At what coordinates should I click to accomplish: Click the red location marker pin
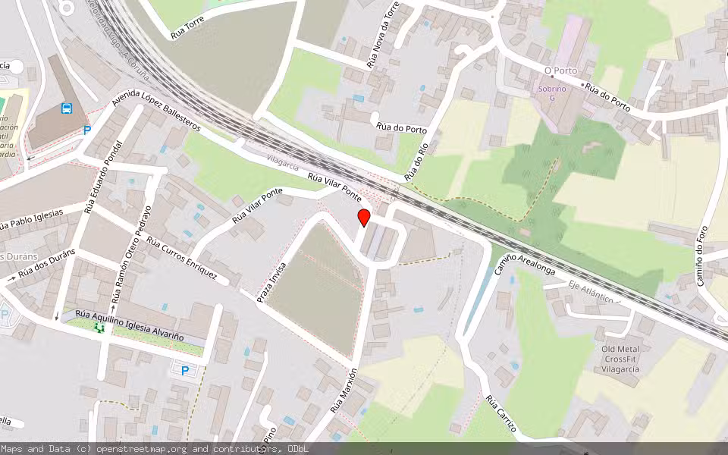(x=364, y=218)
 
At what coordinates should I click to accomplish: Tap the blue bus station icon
(x=67, y=108)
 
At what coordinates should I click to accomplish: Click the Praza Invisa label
(x=272, y=284)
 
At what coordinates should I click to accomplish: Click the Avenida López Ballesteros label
(x=155, y=114)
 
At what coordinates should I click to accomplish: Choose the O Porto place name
(x=560, y=71)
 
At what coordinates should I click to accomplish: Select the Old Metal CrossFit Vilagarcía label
(x=620, y=359)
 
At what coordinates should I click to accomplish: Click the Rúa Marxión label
(x=343, y=391)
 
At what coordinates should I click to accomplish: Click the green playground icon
(x=98, y=328)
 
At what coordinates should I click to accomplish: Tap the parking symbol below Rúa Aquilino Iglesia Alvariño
(x=182, y=371)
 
